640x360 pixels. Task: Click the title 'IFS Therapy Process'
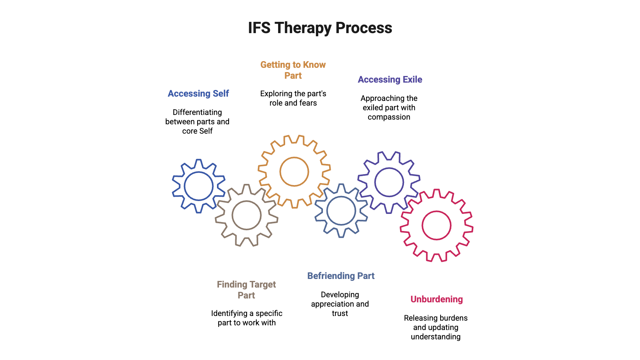[320, 28]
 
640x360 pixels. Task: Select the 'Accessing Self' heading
[198, 94]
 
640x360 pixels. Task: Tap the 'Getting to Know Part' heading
[293, 70]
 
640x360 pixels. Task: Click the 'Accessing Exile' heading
[390, 79]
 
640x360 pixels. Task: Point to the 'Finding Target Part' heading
[246, 290]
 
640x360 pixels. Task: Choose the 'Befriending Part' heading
[341, 276]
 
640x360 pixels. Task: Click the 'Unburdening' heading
[437, 299]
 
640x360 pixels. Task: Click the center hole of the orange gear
[294, 171]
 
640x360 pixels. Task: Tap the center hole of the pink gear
[436, 226]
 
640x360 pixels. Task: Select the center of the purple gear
[389, 182]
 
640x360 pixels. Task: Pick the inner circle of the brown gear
[247, 215]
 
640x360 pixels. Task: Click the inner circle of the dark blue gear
[199, 186]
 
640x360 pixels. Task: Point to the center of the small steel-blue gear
[341, 210]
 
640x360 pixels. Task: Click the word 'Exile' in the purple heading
[413, 79]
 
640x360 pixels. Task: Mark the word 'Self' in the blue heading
[220, 94]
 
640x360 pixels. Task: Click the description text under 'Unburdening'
[436, 327]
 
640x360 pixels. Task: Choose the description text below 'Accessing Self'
[197, 122]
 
